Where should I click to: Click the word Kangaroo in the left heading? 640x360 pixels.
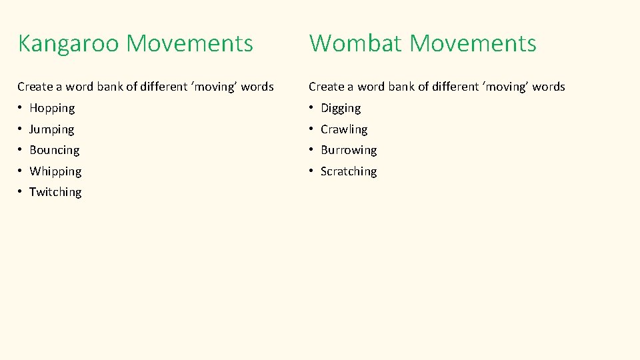pyautogui.click(x=69, y=44)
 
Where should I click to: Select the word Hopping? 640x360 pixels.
pyautogui.click(x=52, y=108)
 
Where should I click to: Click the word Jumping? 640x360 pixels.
pyautogui.click(x=51, y=129)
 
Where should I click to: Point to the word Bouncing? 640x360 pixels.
pyautogui.click(x=54, y=150)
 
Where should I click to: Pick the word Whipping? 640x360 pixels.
pyautogui.click(x=55, y=171)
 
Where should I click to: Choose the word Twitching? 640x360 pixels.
pyautogui.click(x=55, y=192)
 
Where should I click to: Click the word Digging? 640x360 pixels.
pyautogui.click(x=341, y=108)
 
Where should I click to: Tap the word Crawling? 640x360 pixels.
pyautogui.click(x=344, y=129)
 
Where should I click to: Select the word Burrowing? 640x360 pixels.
pyautogui.click(x=349, y=150)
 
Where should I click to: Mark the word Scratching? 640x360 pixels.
pyautogui.click(x=349, y=171)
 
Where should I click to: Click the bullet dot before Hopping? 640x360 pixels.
pyautogui.click(x=21, y=108)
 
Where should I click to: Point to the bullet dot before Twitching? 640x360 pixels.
pyautogui.click(x=21, y=192)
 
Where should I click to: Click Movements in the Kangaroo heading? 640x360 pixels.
pyautogui.click(x=190, y=44)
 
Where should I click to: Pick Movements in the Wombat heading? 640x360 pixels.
pyautogui.click(x=473, y=44)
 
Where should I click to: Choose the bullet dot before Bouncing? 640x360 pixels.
pyautogui.click(x=21, y=150)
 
